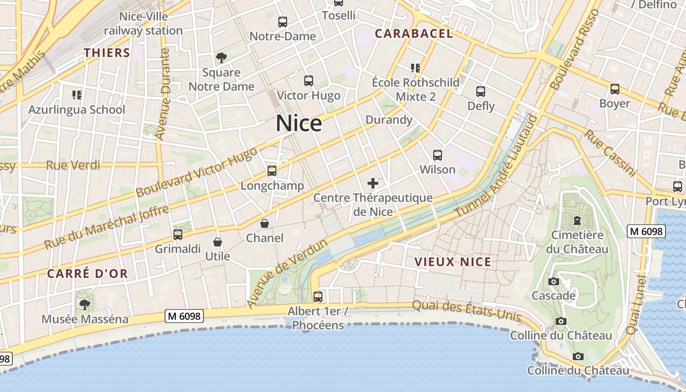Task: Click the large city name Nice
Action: click(299, 123)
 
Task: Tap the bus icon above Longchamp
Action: click(272, 171)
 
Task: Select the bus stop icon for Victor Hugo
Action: click(309, 81)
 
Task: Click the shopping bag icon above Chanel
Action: click(265, 223)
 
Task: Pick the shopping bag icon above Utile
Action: click(218, 242)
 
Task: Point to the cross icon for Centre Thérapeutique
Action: click(373, 184)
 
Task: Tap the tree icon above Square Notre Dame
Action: click(221, 58)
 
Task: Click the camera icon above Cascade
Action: click(554, 281)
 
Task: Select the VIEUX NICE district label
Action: click(453, 262)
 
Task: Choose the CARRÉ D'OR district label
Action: click(87, 273)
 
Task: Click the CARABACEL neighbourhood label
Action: click(414, 33)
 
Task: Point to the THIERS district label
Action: click(107, 53)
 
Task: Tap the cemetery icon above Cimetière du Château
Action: click(577, 220)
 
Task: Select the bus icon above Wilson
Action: click(438, 155)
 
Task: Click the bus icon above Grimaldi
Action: click(178, 235)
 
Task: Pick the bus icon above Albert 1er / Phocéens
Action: click(318, 296)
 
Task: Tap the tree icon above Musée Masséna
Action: click(85, 304)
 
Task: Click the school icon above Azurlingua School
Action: click(76, 95)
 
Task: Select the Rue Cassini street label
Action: click(610, 153)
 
